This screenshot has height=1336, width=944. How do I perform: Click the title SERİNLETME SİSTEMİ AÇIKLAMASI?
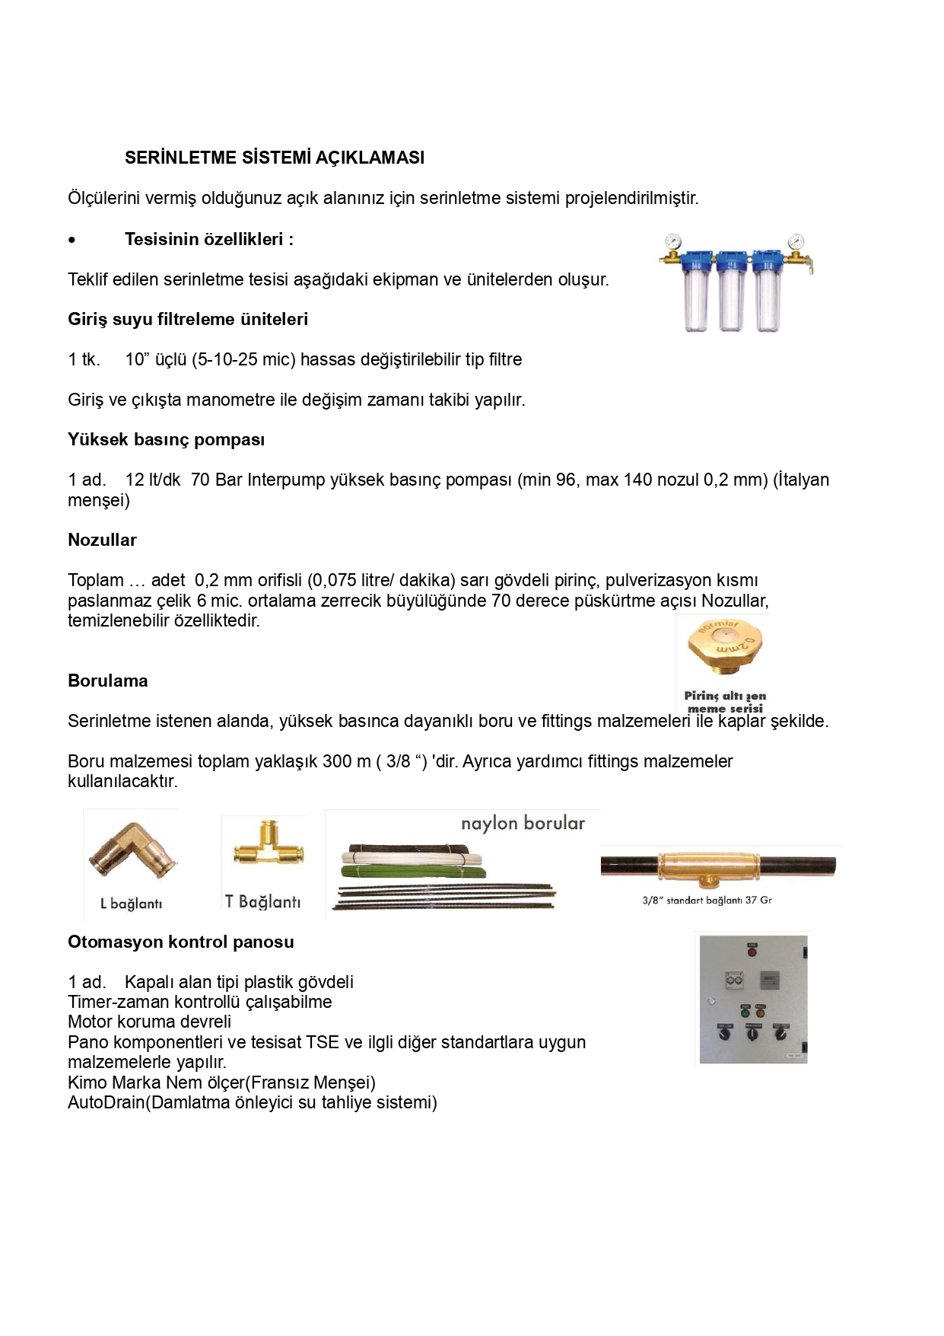[275, 158]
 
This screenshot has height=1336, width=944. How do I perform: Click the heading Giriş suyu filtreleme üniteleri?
[188, 319]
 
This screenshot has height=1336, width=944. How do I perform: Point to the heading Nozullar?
[102, 540]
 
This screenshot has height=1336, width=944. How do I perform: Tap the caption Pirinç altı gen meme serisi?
[725, 702]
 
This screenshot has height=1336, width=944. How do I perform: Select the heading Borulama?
[107, 681]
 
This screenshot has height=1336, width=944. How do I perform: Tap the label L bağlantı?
[131, 904]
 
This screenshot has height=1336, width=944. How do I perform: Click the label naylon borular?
[523, 823]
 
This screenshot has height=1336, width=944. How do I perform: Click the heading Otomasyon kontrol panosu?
[180, 942]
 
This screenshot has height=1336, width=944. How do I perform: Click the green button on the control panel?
[745, 1012]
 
